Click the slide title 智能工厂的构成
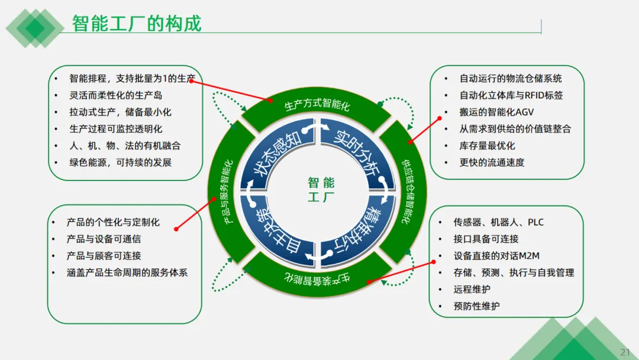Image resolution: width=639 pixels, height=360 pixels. coord(137,23)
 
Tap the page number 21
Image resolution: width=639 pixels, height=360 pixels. coord(625,352)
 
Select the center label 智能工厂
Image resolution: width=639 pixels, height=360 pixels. coord(321,189)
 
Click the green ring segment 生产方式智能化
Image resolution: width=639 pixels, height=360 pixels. coord(317,106)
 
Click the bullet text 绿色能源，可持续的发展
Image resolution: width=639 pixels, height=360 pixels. coord(120,162)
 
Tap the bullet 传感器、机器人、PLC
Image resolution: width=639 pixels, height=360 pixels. coord(498,222)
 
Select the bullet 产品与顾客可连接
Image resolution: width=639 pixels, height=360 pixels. coord(104,256)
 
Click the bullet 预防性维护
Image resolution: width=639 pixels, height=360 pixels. coord(476,306)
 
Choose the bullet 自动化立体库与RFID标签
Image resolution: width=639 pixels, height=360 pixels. coord(511,95)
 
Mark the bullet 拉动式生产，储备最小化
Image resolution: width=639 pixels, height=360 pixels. coord(120,112)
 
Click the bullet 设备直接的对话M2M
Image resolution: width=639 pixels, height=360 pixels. coord(496,256)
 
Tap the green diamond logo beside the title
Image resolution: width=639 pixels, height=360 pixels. coord(35,27)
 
